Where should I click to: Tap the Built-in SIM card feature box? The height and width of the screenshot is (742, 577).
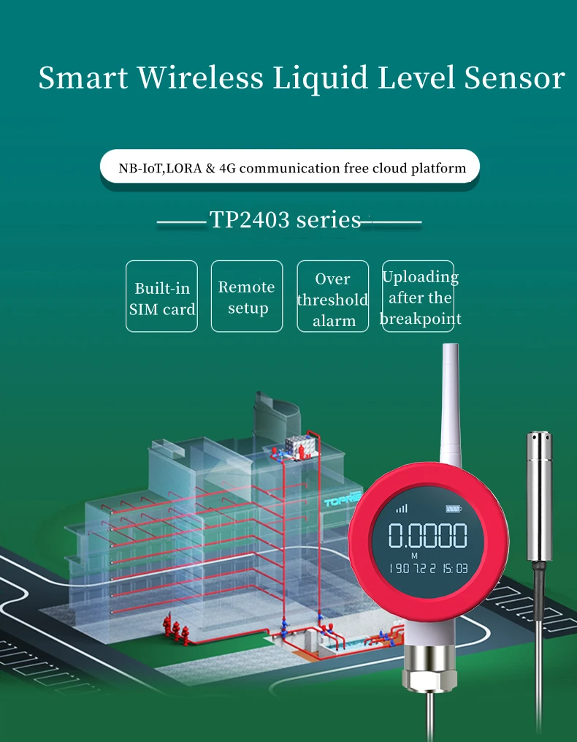161,296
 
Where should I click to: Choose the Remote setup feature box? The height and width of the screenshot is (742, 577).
247,296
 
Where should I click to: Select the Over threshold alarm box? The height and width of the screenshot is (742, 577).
332,296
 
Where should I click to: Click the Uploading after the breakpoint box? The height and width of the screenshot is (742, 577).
419,296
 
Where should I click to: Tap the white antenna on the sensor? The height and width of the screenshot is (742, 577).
449,409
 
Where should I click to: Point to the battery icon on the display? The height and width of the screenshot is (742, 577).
453,509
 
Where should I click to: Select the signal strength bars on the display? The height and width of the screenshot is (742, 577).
402,509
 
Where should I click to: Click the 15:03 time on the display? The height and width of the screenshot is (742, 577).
453,567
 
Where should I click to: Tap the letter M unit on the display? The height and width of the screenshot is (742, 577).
414,555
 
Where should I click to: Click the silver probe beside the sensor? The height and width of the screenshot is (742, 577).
540,497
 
